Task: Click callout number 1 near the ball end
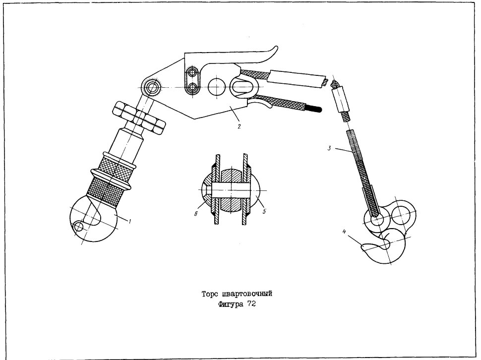130,221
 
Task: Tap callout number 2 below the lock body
239,126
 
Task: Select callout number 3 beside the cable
329,148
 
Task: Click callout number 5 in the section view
264,211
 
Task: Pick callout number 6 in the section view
195,214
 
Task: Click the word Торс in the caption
210,294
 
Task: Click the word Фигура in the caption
231,304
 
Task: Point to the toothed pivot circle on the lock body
152,88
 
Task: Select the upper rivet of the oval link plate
192,73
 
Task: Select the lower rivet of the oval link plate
192,88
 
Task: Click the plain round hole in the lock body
217,87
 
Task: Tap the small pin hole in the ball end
79,227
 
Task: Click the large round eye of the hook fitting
400,214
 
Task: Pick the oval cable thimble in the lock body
242,87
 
